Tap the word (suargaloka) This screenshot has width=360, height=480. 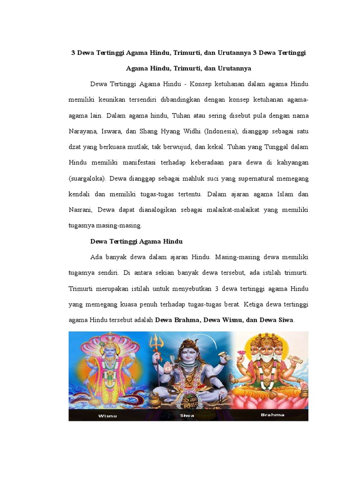click(x=88, y=179)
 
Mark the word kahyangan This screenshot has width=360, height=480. click(x=291, y=163)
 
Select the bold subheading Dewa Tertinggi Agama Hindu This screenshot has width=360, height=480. click(x=136, y=241)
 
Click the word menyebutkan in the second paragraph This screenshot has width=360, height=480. click(x=183, y=288)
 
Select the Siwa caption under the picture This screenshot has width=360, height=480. click(x=187, y=415)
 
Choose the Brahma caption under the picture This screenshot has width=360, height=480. click(x=272, y=415)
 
